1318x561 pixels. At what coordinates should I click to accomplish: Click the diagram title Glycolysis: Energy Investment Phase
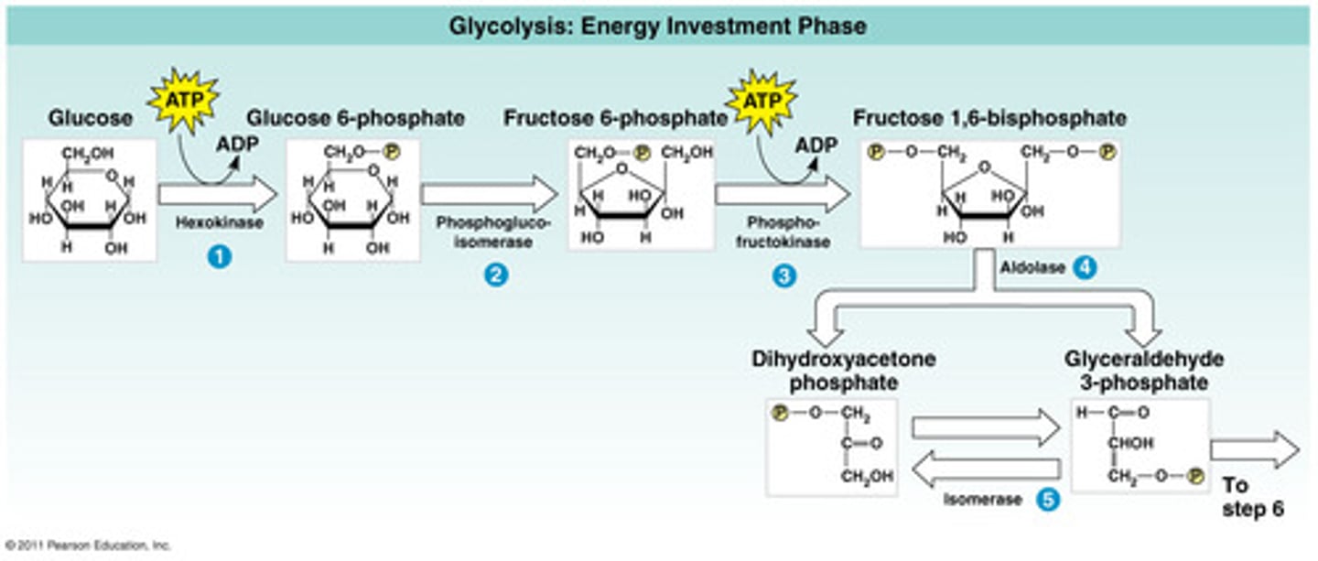[x=657, y=26]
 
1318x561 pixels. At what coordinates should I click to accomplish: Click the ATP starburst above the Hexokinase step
[x=183, y=93]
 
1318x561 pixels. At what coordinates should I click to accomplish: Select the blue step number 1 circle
[x=219, y=258]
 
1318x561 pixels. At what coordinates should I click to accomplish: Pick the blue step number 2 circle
[x=496, y=275]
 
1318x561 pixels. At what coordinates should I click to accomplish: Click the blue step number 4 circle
[x=1085, y=268]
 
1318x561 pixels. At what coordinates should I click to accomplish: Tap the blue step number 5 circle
[x=1048, y=500]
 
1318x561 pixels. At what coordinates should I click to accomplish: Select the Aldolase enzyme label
[x=1033, y=268]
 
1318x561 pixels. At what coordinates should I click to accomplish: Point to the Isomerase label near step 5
[x=983, y=500]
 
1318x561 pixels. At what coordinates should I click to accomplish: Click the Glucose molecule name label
[x=91, y=118]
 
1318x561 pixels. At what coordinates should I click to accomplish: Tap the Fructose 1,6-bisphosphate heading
[x=989, y=118]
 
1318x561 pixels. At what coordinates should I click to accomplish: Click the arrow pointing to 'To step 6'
[x=1254, y=450]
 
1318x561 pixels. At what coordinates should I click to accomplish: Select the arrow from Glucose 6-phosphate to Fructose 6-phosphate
[x=489, y=194]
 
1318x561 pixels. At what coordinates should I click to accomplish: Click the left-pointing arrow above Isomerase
[x=987, y=470]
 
